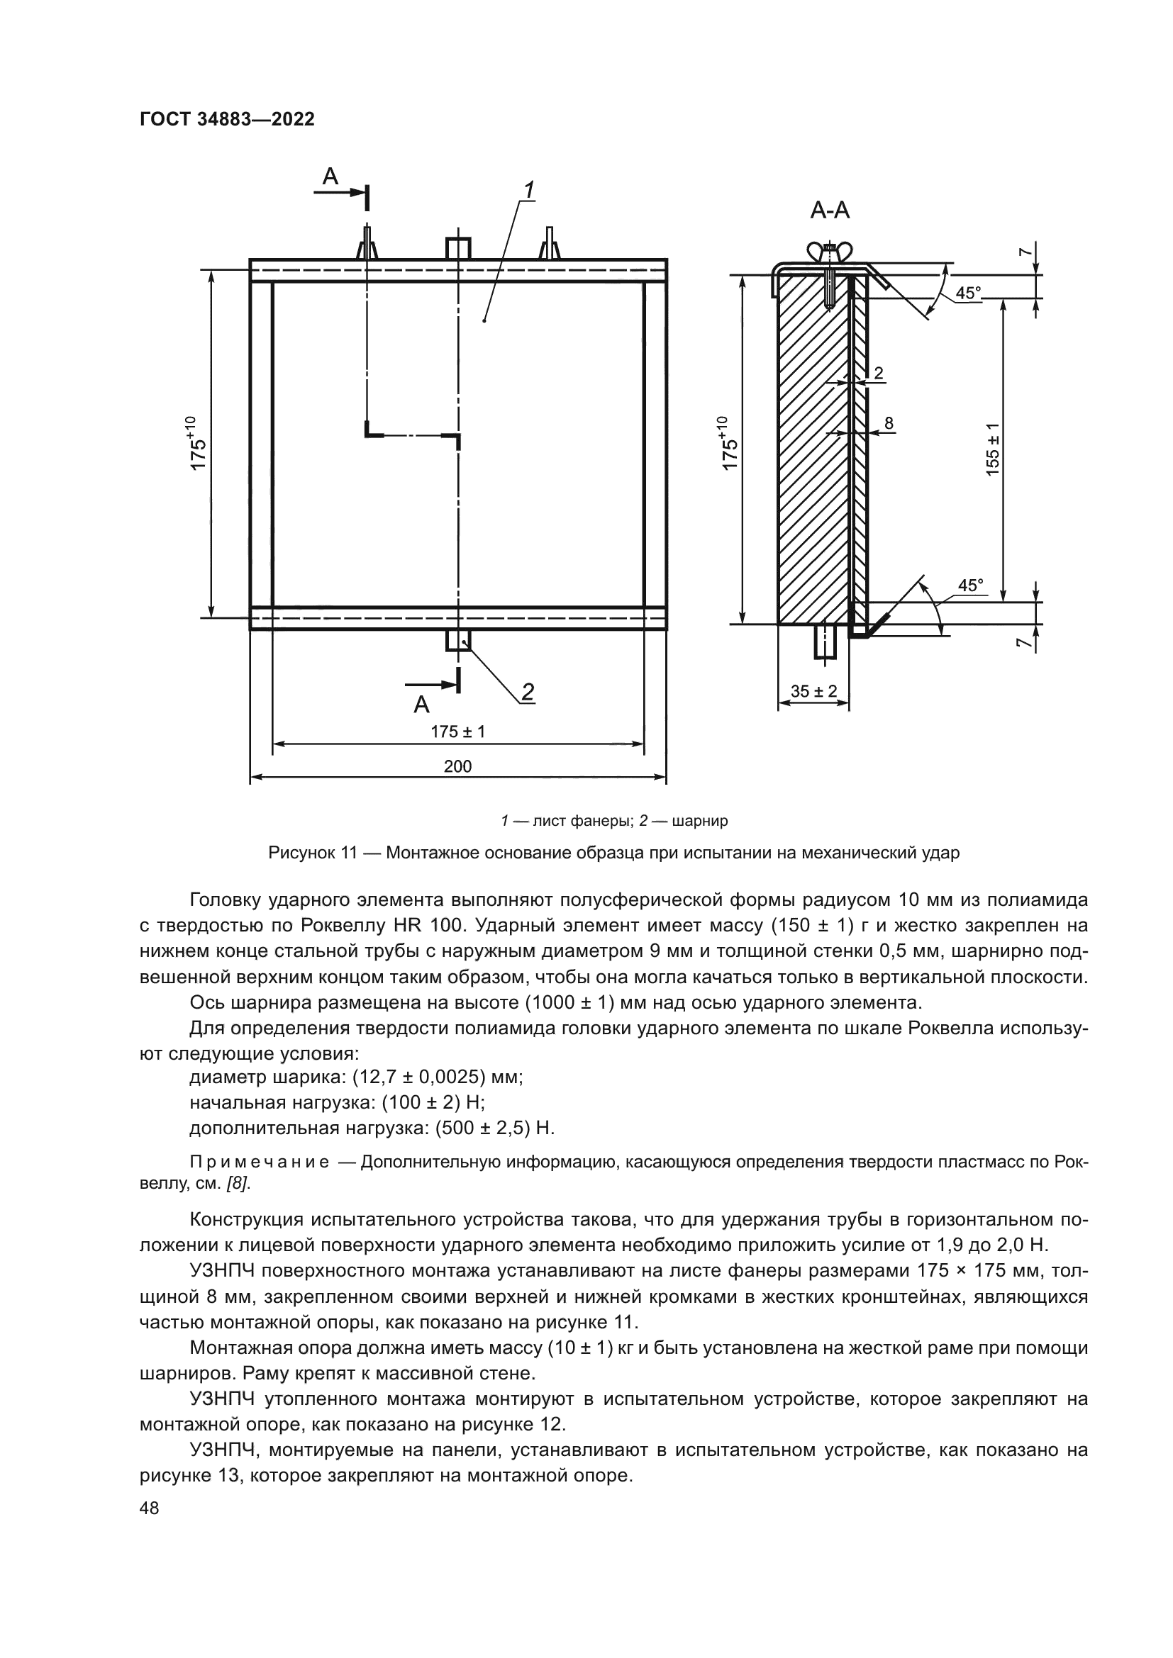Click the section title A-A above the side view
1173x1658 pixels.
click(x=829, y=210)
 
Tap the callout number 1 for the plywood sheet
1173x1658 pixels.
click(x=529, y=190)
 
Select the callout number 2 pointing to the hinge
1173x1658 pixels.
click(x=528, y=692)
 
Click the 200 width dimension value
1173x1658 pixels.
click(x=458, y=766)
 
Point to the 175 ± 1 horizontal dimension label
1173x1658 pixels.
click(x=458, y=732)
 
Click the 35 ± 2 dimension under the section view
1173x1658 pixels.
click(x=813, y=691)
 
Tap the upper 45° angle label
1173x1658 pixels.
click(x=969, y=293)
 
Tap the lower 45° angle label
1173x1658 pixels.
click(x=971, y=585)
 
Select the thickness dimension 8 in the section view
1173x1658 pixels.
click(x=889, y=422)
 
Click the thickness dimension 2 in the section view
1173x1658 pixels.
click(x=879, y=374)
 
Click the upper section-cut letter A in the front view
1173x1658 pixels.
click(x=330, y=177)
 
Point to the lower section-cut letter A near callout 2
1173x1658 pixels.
click(x=421, y=704)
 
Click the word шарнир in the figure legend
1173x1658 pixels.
click(x=700, y=820)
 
